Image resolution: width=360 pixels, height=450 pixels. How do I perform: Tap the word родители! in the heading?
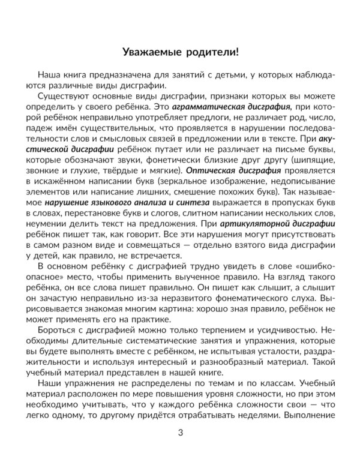[x=211, y=50]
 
